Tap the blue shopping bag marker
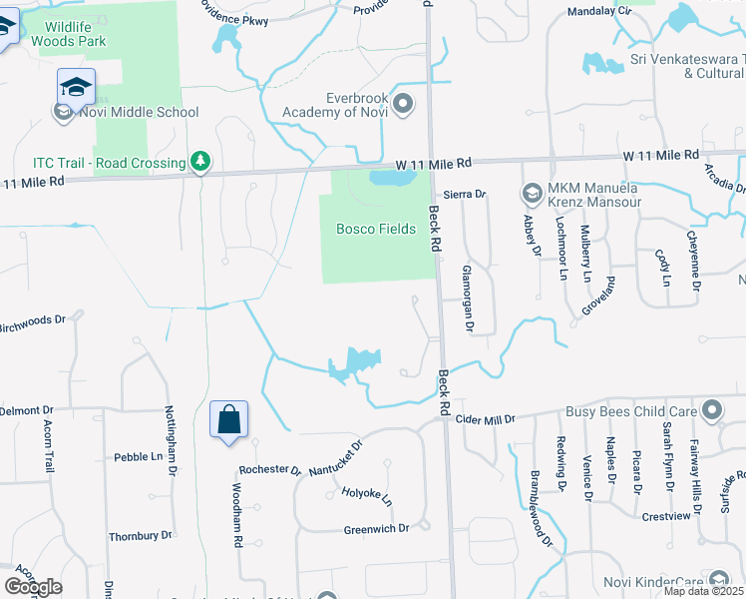[228, 420]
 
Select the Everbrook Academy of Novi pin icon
[404, 102]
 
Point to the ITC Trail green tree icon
[200, 162]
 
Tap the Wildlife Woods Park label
[69, 34]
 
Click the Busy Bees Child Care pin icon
[712, 411]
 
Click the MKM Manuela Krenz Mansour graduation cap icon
[532, 192]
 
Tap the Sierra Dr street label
[464, 195]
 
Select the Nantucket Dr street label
[335, 456]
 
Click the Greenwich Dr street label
[376, 528]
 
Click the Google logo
[33, 587]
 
